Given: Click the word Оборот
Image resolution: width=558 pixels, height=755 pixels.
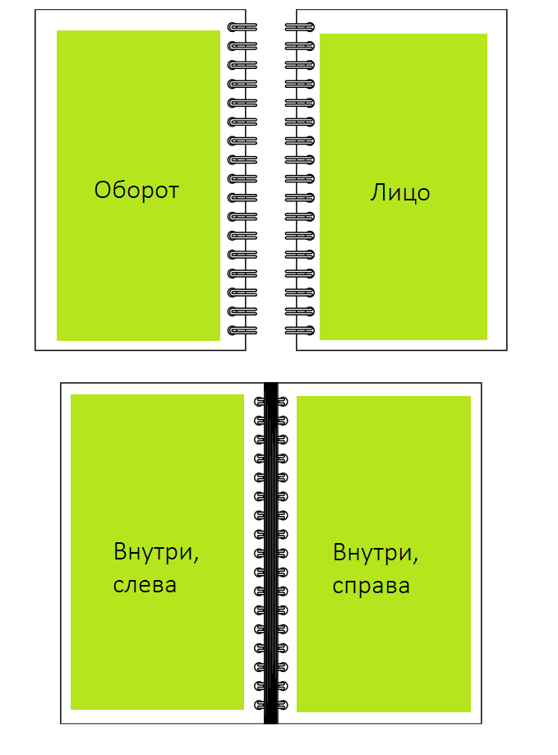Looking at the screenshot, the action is click(136, 191).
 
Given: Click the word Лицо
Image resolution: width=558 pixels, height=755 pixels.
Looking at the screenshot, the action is click(400, 193).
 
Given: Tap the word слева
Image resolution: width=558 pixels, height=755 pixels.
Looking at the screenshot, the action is click(145, 586).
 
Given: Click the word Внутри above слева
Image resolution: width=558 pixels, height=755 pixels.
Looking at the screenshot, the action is click(154, 552).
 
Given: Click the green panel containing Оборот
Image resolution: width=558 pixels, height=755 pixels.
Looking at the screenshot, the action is click(138, 186).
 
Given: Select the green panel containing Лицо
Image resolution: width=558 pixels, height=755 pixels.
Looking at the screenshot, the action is click(404, 186).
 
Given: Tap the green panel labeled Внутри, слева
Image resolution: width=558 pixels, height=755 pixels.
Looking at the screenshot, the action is click(158, 552).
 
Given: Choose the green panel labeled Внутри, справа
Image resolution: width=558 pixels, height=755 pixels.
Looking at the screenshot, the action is click(384, 554).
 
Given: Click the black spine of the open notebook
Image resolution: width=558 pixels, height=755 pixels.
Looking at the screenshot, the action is click(271, 553).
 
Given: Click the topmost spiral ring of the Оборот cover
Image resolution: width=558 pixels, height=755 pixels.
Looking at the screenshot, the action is click(242, 27).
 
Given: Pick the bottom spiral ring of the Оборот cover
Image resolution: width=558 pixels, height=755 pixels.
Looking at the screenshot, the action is click(242, 331).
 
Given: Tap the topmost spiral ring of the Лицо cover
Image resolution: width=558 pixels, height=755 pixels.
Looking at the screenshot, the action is click(299, 27).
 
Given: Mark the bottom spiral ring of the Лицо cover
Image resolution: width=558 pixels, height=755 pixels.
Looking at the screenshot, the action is click(299, 331).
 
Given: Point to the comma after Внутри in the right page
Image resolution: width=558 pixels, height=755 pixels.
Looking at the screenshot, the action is click(416, 561).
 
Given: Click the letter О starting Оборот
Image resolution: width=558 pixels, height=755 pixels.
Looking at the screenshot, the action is click(102, 191).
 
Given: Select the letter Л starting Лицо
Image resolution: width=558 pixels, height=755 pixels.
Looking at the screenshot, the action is click(377, 192).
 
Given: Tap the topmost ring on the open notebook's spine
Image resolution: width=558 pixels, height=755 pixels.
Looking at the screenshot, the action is click(271, 402).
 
